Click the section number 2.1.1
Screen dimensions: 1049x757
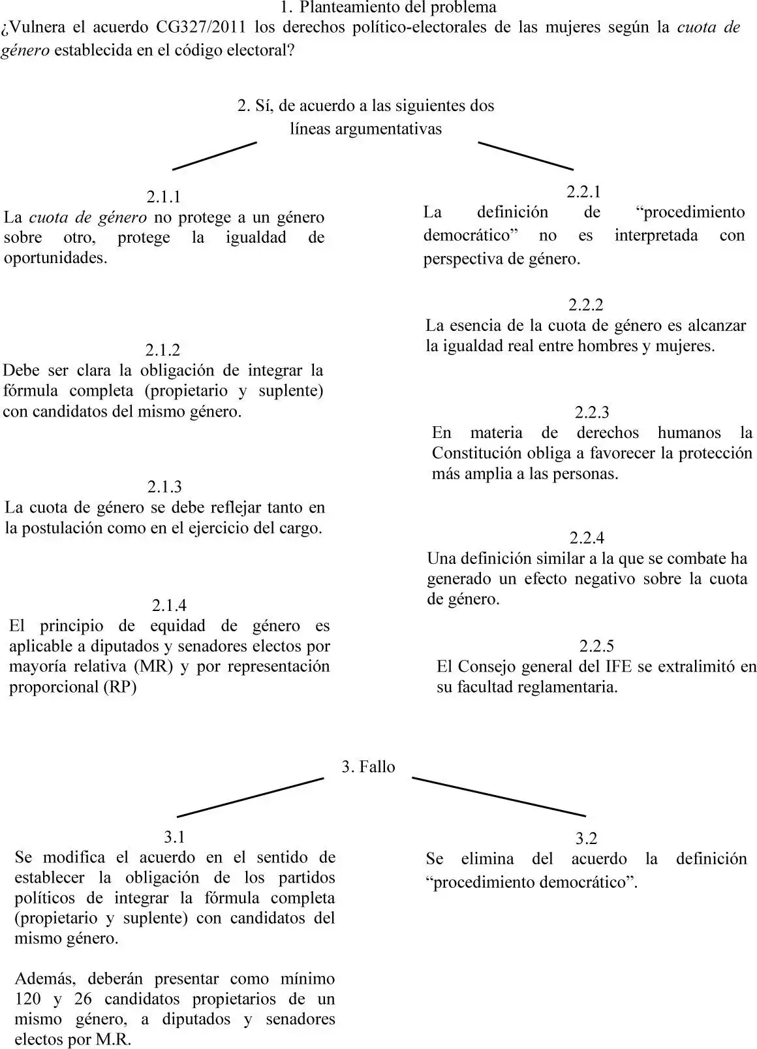pyautogui.click(x=163, y=196)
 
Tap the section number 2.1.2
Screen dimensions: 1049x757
pyautogui.click(x=162, y=350)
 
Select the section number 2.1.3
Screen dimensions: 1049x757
pyautogui.click(x=164, y=486)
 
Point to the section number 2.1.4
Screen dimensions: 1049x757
pyautogui.click(x=169, y=605)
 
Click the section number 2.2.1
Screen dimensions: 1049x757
pyautogui.click(x=583, y=191)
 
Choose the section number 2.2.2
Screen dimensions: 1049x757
pyautogui.click(x=585, y=305)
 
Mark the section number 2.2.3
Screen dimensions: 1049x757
pyautogui.click(x=592, y=412)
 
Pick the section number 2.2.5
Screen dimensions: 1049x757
pyautogui.click(x=596, y=646)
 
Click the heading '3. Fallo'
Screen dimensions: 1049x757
pyautogui.click(x=369, y=766)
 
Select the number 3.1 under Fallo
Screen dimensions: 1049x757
pyautogui.click(x=174, y=836)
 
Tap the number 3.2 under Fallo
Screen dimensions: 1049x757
pyautogui.click(x=586, y=838)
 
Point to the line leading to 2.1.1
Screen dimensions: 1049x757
pyautogui.click(x=214, y=156)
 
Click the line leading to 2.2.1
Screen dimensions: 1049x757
pyautogui.click(x=525, y=156)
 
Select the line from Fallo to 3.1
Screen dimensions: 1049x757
pyautogui.click(x=251, y=797)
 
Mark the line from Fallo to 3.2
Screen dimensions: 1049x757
pyautogui.click(x=499, y=796)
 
